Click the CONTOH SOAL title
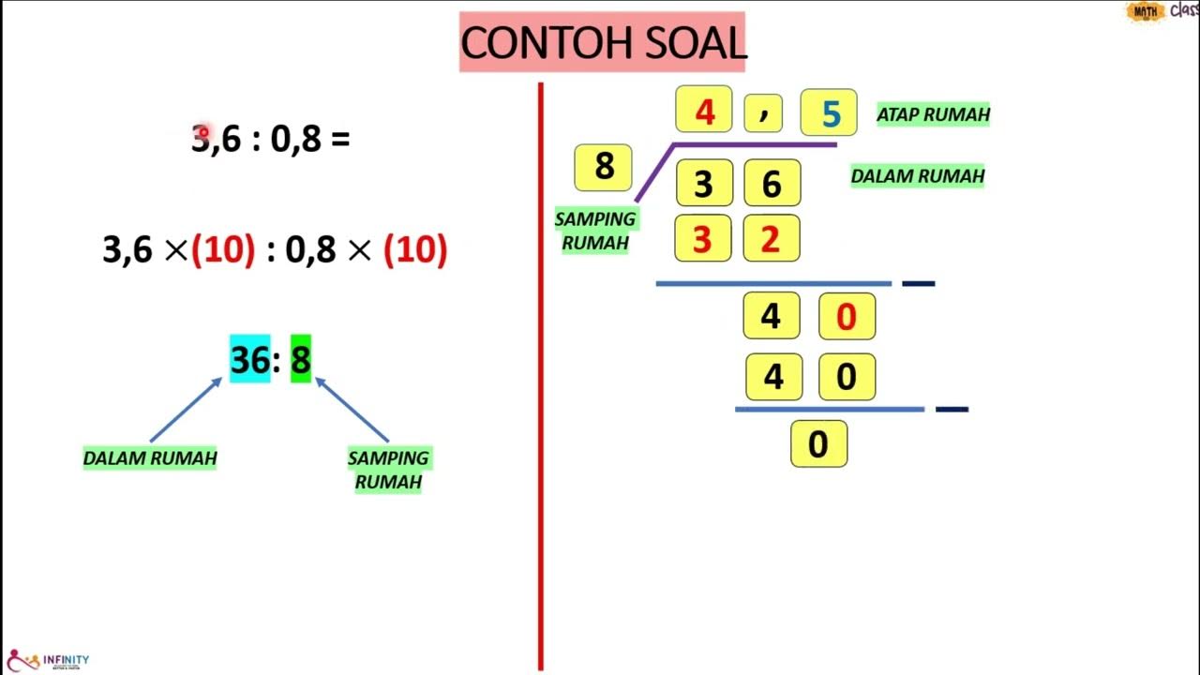603,43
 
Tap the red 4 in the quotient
704,112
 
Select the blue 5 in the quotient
829,113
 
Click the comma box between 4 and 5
763,113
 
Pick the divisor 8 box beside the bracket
603,167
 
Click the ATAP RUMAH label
933,114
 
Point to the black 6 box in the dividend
772,184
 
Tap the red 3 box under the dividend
703,239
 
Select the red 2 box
771,239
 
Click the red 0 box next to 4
847,317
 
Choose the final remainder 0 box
818,444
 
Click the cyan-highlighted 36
249,359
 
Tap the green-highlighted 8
300,359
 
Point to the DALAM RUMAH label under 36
150,458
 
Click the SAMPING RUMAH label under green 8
388,470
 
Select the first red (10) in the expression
223,249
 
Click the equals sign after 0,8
340,140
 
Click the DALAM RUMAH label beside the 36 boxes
917,175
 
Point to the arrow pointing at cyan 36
186,410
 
